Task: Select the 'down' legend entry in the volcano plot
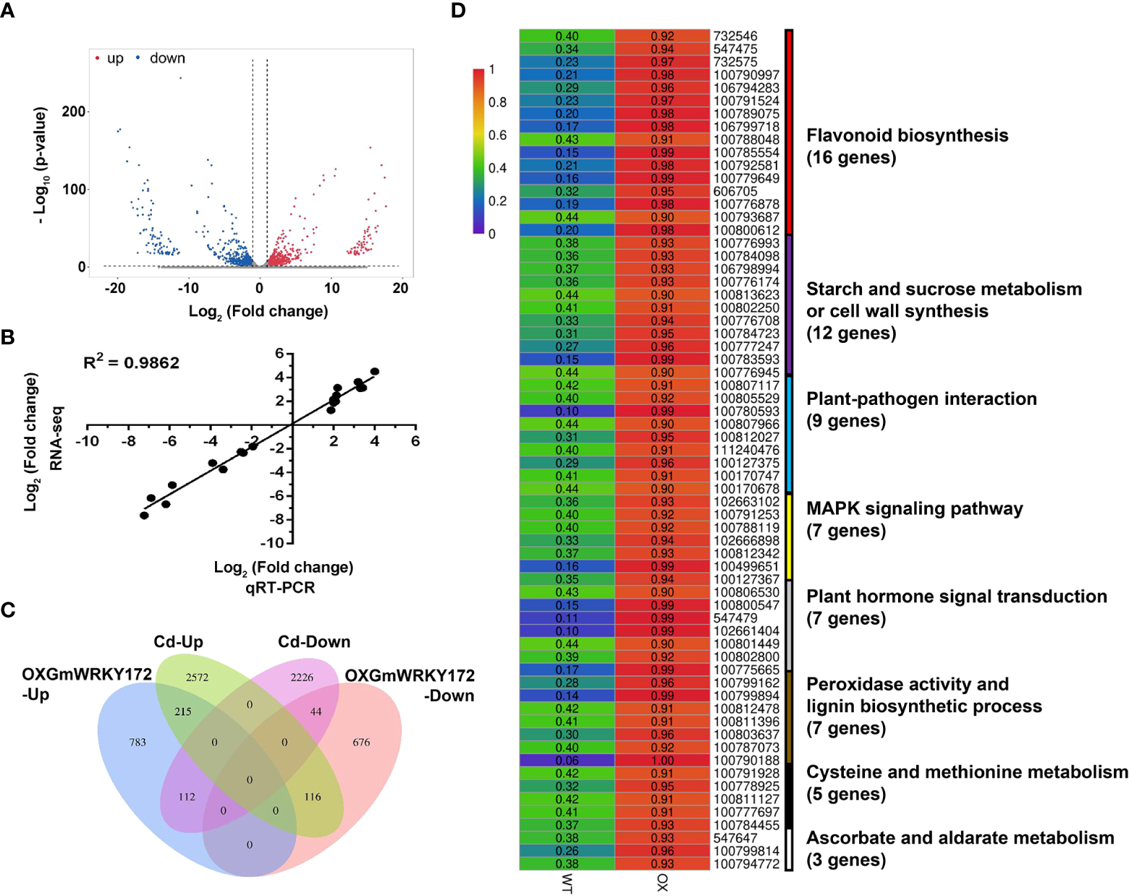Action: [166, 58]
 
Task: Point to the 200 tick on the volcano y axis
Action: [73, 111]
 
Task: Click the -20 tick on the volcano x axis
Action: [114, 288]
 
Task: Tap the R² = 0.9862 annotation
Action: [131, 362]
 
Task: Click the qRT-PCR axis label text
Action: [280, 587]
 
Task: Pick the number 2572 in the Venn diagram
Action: [197, 678]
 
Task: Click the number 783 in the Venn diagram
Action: [138, 742]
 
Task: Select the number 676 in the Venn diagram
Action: [361, 742]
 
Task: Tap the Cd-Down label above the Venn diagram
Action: [314, 641]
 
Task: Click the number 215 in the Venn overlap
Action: [183, 712]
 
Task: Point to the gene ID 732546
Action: [735, 36]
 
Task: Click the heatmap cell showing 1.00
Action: [662, 760]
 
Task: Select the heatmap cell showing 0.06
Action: [567, 760]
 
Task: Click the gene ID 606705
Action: [735, 192]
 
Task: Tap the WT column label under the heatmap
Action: [567, 883]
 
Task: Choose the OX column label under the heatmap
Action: [662, 882]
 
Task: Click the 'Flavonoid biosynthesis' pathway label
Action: [907, 136]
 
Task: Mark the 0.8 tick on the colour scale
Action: [497, 103]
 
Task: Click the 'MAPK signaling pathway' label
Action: [915, 509]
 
